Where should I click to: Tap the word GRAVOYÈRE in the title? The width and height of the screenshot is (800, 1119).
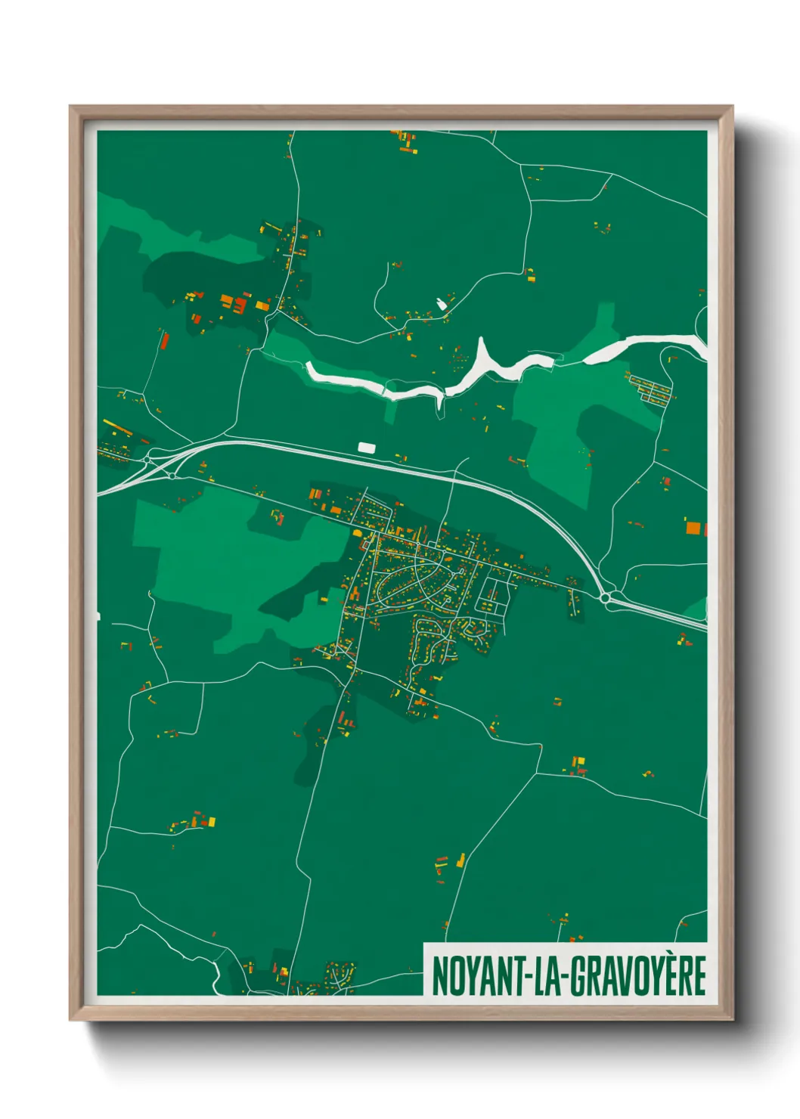coord(637,975)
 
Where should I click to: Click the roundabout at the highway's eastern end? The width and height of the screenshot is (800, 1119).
coord(605,598)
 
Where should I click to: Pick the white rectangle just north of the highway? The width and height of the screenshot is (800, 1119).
coord(366,448)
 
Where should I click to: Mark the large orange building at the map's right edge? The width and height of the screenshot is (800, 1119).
coord(693,527)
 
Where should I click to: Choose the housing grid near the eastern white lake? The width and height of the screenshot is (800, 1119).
coord(650,388)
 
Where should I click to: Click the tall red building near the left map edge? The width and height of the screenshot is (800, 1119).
coord(164,339)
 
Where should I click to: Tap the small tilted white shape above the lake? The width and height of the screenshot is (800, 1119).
coord(441,304)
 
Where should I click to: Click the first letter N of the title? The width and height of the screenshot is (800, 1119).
coord(439,975)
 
